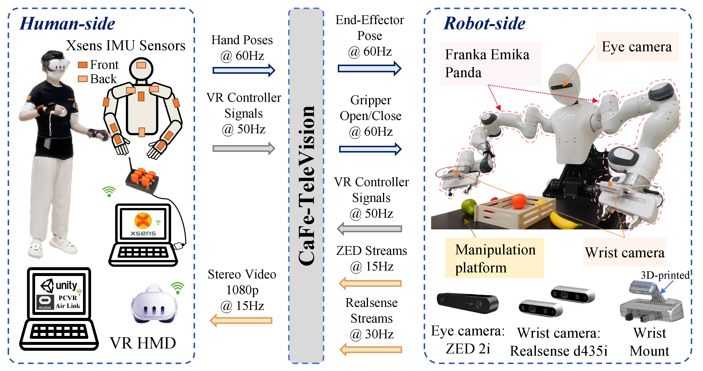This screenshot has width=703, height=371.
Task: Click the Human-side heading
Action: point(67,24)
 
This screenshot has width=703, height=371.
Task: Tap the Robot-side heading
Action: point(484,24)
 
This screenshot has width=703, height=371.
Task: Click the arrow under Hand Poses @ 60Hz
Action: point(244,70)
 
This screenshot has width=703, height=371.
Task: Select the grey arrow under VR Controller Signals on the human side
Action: point(244,148)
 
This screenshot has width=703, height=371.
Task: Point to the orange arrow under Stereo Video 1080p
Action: point(241,320)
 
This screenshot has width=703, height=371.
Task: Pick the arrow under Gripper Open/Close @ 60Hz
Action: point(370,149)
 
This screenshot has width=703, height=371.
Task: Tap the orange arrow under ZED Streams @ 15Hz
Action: point(370,283)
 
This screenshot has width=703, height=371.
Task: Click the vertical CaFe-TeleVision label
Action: point(306,186)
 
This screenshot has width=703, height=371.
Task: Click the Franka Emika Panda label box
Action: point(490,63)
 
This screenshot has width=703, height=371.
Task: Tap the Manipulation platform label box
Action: point(494,258)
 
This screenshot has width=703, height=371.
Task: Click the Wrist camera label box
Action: point(625,252)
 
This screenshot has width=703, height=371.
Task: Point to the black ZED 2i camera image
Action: point(468,303)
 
